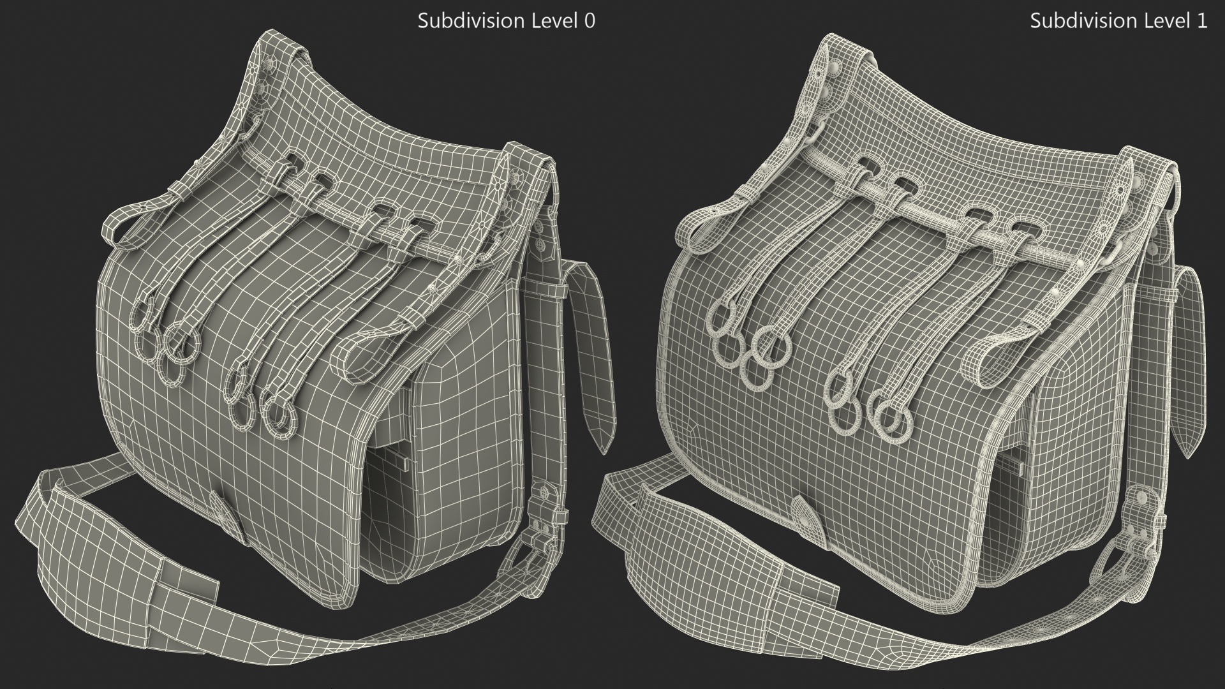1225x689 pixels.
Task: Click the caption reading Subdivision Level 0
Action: (506, 21)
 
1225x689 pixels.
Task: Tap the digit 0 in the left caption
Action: (590, 21)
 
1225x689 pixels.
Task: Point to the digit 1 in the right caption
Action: (1202, 21)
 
